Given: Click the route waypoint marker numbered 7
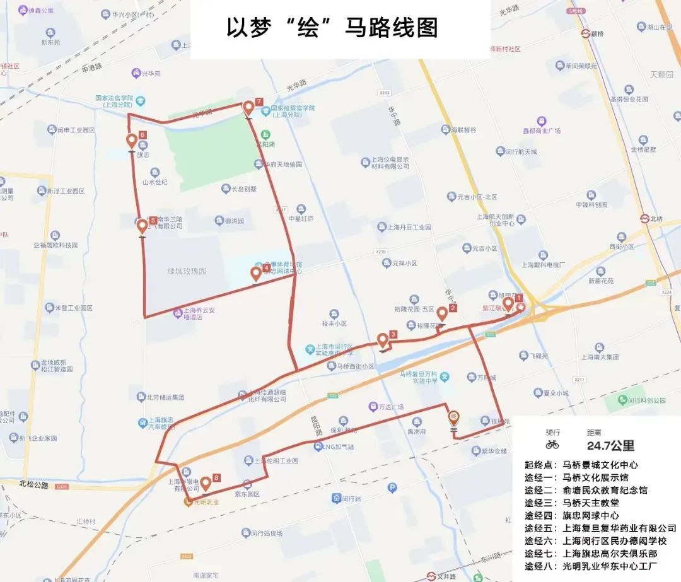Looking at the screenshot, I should (x=248, y=108).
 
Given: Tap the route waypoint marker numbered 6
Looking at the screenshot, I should (x=132, y=141).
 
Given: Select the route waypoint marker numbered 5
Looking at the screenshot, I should (x=143, y=226).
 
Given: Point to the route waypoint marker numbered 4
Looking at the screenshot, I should (x=255, y=274).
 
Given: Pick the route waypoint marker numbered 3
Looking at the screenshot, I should (x=382, y=340).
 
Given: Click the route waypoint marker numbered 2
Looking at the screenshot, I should (x=442, y=313).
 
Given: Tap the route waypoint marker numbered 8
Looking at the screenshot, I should (x=205, y=484).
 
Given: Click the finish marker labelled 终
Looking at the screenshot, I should (x=453, y=417).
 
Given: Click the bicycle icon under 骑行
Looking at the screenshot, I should (x=552, y=445).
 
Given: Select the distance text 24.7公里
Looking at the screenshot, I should (x=610, y=446).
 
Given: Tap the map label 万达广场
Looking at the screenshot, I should (x=390, y=407).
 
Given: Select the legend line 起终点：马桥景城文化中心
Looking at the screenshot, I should (x=581, y=465).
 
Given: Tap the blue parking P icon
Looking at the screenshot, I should (x=392, y=487).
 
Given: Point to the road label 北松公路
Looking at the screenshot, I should (x=33, y=484).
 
